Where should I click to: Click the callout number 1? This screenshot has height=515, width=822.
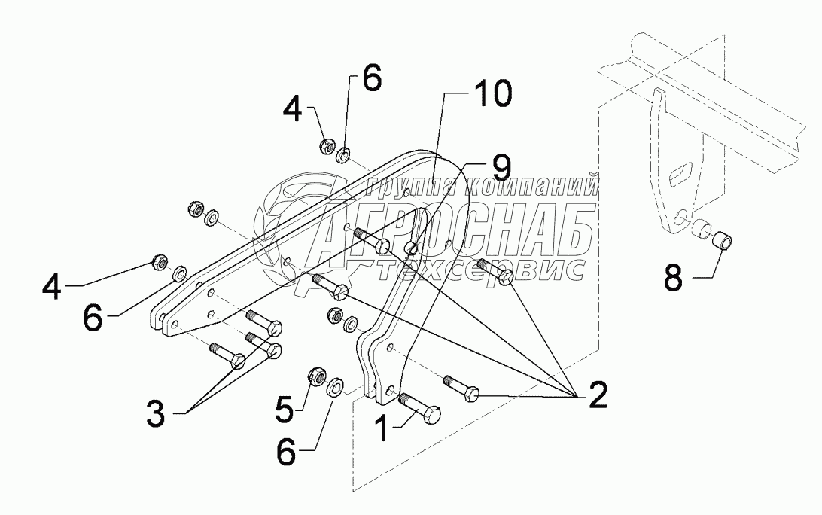(382, 429)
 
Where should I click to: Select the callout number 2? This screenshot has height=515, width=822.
(597, 395)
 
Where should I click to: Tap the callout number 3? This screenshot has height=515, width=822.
(155, 415)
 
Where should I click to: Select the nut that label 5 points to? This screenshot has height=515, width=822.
(315, 375)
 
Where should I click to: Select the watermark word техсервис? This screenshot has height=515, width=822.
(482, 269)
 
